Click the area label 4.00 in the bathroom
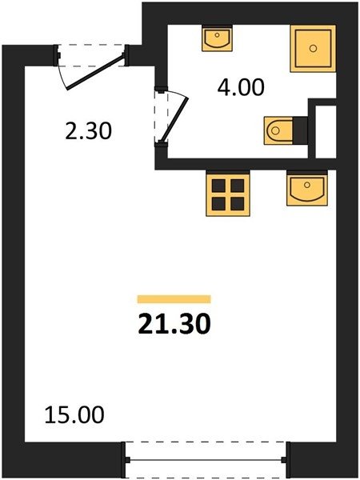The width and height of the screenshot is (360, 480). click(241, 87)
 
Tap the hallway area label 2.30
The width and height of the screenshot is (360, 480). click(89, 131)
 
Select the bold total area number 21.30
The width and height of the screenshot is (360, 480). click(174, 324)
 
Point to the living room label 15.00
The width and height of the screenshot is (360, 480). click(74, 414)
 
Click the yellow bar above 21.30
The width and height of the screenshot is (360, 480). click(174, 299)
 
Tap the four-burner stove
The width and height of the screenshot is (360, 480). click(228, 194)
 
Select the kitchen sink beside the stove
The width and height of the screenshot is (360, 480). click(307, 188)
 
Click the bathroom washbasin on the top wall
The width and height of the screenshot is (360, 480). click(217, 38)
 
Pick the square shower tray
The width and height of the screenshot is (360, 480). click(313, 49)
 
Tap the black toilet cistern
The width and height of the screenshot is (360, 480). click(300, 130)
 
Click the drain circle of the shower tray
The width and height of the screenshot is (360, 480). click(313, 48)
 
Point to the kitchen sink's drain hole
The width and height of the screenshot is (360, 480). click(307, 185)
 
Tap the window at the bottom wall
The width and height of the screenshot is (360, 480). click(206, 460)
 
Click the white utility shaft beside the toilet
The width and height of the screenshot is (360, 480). click(326, 132)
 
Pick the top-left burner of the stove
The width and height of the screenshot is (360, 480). click(218, 186)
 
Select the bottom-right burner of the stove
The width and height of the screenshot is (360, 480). click(238, 204)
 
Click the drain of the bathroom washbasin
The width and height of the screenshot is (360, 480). click(217, 35)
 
